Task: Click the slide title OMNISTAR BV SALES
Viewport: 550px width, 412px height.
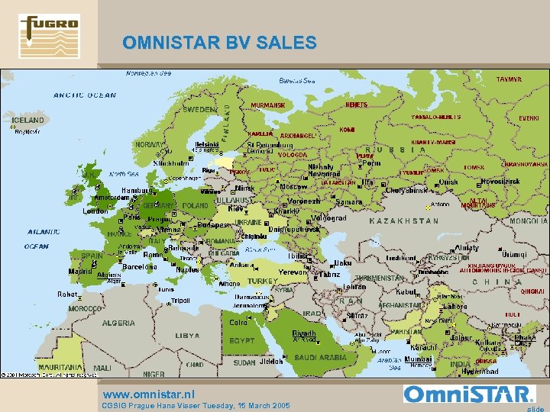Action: pyautogui.click(x=219, y=43)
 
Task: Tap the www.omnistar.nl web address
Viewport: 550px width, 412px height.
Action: pyautogui.click(x=149, y=394)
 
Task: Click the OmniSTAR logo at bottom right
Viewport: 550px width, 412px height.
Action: pyautogui.click(x=468, y=394)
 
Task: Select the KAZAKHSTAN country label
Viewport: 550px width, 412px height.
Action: pyautogui.click(x=404, y=221)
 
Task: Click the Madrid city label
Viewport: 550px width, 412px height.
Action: pyautogui.click(x=80, y=271)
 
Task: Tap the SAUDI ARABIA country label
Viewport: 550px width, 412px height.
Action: pyautogui.click(x=321, y=358)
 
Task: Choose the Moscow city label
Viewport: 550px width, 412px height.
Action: pyautogui.click(x=293, y=187)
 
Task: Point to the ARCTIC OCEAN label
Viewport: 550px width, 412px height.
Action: pyautogui.click(x=85, y=95)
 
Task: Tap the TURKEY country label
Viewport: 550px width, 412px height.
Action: pyautogui.click(x=263, y=281)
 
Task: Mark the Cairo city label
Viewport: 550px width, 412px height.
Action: pyautogui.click(x=238, y=323)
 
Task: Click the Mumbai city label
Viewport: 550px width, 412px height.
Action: pyautogui.click(x=418, y=359)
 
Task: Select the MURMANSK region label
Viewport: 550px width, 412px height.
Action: pyautogui.click(x=268, y=105)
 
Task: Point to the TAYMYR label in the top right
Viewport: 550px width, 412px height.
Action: pyautogui.click(x=510, y=79)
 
